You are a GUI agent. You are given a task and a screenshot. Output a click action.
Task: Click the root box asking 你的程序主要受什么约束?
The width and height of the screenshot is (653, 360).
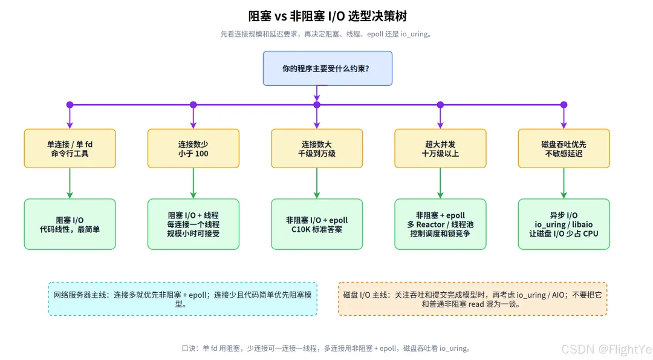point(327,68)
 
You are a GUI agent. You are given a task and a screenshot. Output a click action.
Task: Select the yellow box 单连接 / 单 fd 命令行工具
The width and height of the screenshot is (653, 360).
point(70,148)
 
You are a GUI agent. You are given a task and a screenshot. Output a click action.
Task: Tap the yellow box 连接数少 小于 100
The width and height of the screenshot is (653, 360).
point(193,148)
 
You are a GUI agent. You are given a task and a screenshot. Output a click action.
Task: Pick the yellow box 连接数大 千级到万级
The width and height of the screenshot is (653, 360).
point(317,148)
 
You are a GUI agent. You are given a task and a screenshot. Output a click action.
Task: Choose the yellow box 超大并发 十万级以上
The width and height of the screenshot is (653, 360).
point(440,148)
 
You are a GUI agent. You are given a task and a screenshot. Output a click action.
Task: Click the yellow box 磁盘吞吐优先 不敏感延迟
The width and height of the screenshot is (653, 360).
point(564,148)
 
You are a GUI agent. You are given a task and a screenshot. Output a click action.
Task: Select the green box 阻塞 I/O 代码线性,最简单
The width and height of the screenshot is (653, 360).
point(70,224)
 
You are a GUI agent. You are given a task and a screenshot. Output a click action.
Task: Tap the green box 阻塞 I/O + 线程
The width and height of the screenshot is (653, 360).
point(193,224)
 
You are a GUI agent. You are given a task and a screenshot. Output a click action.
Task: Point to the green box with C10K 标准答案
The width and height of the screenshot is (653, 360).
point(317,224)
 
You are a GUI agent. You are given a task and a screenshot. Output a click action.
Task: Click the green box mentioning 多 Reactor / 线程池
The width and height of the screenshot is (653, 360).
point(440,224)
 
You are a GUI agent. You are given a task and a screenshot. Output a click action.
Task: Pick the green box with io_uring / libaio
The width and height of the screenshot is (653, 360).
point(564,224)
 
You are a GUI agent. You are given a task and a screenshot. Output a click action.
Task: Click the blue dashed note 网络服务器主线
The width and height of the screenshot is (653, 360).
point(183,299)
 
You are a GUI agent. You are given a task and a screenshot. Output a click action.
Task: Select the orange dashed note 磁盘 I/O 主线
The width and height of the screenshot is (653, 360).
point(473,299)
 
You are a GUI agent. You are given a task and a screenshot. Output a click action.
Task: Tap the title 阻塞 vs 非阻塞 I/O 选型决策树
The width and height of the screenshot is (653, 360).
point(327,16)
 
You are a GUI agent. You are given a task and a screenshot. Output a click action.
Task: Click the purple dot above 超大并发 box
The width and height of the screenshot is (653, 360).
point(440,105)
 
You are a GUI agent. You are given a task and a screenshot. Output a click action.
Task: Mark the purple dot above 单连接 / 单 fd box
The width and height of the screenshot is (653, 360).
point(70,105)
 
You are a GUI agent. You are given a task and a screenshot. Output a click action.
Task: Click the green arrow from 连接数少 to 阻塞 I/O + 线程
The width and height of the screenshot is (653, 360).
point(193,183)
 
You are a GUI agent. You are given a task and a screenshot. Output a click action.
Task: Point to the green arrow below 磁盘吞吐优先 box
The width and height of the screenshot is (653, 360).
point(564,183)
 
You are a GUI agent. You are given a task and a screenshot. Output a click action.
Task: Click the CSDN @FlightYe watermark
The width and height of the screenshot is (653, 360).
point(606,349)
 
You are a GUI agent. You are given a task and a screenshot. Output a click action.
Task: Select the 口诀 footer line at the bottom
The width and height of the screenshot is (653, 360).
point(326,349)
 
